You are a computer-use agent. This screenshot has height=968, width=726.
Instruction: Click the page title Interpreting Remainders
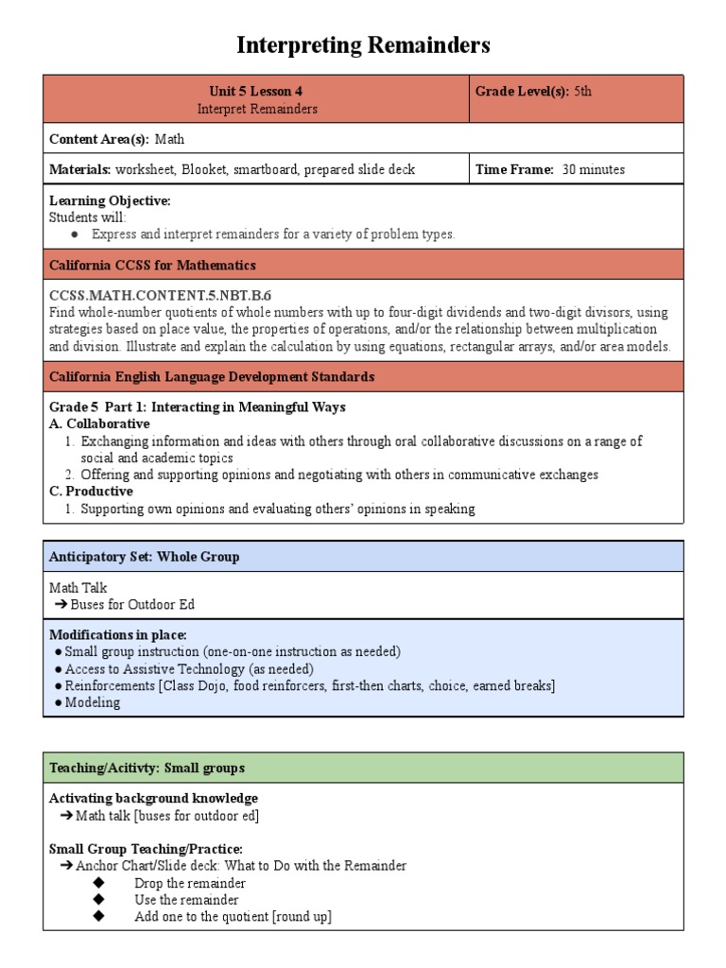[363, 44]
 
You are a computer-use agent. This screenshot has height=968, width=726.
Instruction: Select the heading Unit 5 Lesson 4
[256, 92]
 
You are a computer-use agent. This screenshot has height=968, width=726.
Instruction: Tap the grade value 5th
[582, 92]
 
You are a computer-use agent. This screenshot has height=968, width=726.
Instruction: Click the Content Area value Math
[170, 139]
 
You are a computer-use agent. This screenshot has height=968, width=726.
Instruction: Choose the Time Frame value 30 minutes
[593, 169]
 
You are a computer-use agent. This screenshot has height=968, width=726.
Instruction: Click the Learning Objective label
[110, 200]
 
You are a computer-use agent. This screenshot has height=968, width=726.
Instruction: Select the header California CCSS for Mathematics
[152, 265]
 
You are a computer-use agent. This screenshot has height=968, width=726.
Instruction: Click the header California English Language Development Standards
[212, 376]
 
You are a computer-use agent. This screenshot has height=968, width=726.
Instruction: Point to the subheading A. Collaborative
[99, 423]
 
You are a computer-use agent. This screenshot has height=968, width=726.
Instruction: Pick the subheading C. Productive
[91, 492]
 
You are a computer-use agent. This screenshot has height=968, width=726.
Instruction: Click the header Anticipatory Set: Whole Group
[144, 557]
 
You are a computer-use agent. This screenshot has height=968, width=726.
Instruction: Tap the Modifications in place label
[118, 634]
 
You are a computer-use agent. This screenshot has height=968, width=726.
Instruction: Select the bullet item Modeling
[93, 702]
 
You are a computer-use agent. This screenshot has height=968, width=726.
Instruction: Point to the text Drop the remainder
[190, 883]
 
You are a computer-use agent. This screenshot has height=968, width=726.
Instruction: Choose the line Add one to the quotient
[233, 917]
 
